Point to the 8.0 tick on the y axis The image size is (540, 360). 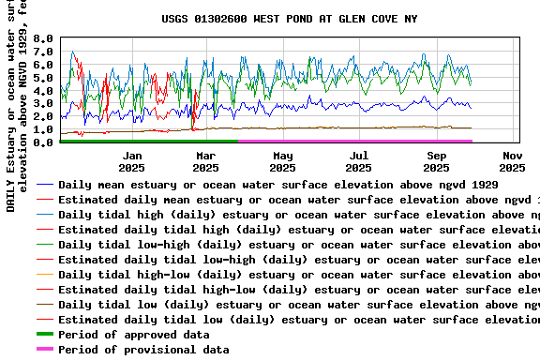(43, 38)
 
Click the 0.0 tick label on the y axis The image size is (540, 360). (43, 142)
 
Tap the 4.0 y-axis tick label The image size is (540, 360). (43, 91)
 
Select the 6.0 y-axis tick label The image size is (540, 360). (43, 65)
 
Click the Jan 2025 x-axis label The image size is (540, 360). (132, 161)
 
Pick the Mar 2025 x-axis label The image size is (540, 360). (205, 161)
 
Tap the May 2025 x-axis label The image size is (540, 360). (282, 161)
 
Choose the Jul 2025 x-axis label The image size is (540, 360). (359, 161)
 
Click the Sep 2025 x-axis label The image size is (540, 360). (436, 161)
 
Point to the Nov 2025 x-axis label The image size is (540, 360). (512, 161)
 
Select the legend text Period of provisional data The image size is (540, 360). (143, 350)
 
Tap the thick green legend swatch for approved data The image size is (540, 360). (44, 335)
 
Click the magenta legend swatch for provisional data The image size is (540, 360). (44, 350)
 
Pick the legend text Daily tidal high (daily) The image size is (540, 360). (298, 215)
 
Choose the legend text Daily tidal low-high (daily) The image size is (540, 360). (298, 245)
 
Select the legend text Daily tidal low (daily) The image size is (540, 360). (298, 305)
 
